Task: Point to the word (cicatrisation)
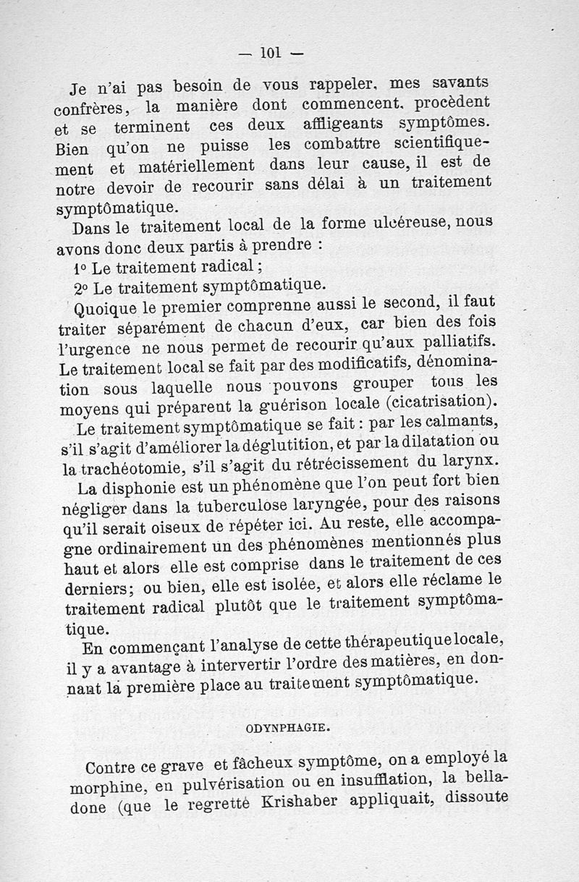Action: (436, 401)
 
